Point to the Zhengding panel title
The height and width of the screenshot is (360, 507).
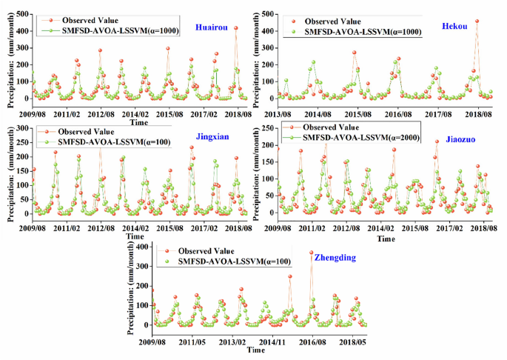[335, 258]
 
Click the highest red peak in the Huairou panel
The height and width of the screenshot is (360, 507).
[236, 28]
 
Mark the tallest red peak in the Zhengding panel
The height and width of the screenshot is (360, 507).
[312, 253]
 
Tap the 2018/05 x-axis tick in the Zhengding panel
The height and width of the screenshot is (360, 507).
[353, 341]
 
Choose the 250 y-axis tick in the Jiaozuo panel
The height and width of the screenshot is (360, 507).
[265, 128]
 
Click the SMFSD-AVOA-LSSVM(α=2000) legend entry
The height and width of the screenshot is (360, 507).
[357, 136]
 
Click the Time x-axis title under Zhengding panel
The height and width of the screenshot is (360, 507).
[256, 350]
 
